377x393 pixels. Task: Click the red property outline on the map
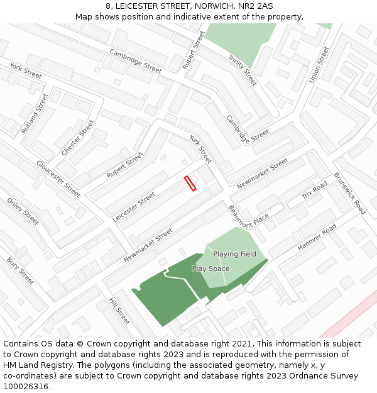coord(190,183)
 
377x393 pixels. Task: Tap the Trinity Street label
coord(243,70)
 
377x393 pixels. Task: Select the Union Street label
coord(319,64)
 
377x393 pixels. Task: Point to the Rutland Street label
coord(35,113)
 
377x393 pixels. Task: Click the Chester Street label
coord(78,138)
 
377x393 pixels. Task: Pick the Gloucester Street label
coord(58,179)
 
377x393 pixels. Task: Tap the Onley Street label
coord(23,211)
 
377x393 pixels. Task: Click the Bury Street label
coord(21,271)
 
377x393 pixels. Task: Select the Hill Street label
coord(119,311)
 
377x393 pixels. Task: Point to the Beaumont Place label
coord(249,217)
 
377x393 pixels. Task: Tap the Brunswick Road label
coord(350,194)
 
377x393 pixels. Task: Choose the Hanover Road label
coord(317,238)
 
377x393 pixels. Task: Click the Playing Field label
coord(234,254)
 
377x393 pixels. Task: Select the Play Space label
coord(210,268)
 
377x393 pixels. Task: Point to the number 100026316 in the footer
coord(26,386)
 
